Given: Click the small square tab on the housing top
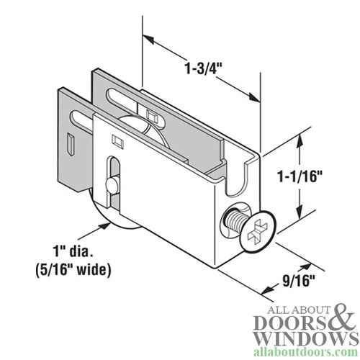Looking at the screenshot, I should click(150, 114).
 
